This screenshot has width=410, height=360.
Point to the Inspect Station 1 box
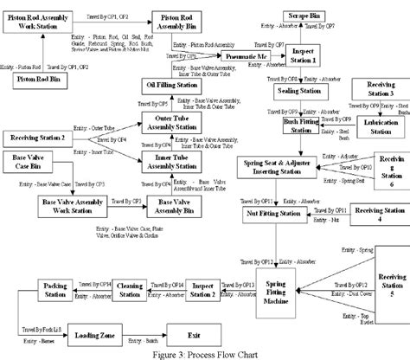pos(308,55)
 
